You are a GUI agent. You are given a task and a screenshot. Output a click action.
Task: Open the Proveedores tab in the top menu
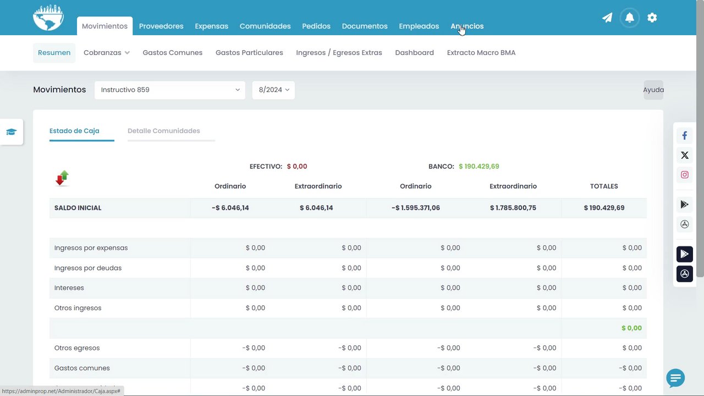tap(161, 26)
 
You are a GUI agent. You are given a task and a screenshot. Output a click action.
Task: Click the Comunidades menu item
tap(265, 26)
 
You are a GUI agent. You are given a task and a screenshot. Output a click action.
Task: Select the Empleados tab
tap(419, 26)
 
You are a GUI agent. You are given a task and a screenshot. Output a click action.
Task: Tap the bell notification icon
tap(630, 18)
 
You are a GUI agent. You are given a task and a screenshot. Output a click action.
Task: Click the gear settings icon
tap(652, 18)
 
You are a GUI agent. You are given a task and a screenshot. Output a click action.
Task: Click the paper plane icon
tap(607, 18)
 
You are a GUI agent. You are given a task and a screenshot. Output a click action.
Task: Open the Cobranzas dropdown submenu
tap(107, 52)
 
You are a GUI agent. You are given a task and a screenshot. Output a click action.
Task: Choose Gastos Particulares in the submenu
tap(249, 52)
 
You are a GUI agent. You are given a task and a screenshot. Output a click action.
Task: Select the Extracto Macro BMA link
tap(481, 52)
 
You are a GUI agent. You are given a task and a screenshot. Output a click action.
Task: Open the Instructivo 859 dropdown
tap(170, 90)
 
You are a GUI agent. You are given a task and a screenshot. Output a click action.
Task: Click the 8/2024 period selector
tap(273, 90)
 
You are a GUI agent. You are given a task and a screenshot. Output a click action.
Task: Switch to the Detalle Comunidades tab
tap(164, 131)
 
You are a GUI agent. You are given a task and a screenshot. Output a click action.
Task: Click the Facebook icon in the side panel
tap(685, 135)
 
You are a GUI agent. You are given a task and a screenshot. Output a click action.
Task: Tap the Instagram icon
tap(685, 175)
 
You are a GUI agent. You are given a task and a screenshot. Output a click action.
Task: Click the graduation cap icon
tap(12, 131)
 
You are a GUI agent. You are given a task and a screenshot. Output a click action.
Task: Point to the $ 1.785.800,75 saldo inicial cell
tap(513, 208)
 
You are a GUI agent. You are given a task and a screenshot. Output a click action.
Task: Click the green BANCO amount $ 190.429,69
tap(479, 166)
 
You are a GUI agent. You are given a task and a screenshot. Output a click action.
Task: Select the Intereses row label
tap(69, 288)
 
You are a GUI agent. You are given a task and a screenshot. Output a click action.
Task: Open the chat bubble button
tap(675, 378)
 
